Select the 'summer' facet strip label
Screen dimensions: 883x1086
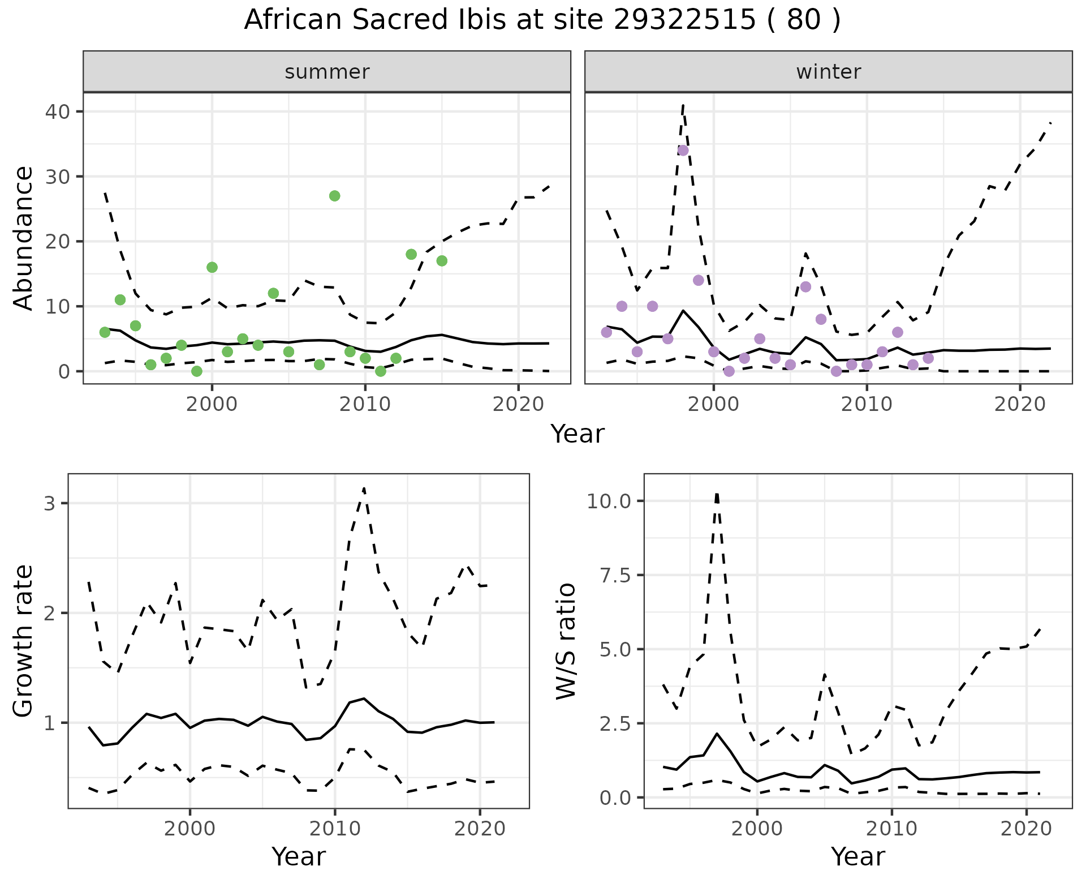pos(327,72)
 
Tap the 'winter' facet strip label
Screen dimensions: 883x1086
pos(828,72)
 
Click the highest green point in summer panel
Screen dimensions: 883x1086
pos(334,196)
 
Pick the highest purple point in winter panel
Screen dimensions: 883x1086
pos(683,151)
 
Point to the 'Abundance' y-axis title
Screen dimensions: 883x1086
pos(24,238)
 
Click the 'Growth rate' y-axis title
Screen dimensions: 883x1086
pos(24,641)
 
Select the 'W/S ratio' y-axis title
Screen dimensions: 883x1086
pos(566,641)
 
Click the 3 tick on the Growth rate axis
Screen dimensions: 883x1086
pos(50,503)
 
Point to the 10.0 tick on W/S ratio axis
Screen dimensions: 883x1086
pos(609,501)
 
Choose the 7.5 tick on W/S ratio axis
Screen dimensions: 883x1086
pos(615,575)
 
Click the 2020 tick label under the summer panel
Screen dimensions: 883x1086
pos(518,404)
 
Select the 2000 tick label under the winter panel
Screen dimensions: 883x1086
pos(714,404)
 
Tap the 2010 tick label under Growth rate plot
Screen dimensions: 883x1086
pos(335,829)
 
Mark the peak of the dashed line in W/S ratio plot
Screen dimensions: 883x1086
pos(717,494)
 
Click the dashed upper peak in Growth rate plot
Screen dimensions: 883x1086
pos(364,488)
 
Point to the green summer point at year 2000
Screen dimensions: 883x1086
pos(212,267)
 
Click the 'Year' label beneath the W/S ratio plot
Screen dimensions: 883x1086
pos(857,857)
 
